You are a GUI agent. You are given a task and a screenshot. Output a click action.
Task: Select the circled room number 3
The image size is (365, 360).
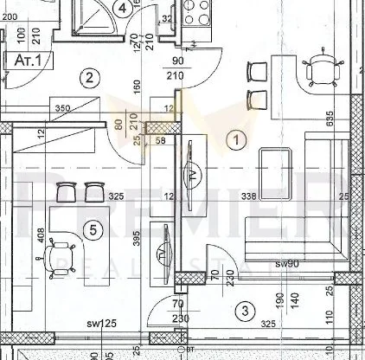(x=246, y=310)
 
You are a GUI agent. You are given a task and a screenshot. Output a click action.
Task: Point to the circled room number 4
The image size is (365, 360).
(x=125, y=10)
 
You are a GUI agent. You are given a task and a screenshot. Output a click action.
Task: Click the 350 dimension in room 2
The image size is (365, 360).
(x=62, y=109)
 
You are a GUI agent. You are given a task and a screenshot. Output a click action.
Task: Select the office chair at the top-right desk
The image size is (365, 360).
(x=322, y=66)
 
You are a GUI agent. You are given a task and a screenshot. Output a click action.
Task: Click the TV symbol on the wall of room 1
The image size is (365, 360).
(x=193, y=171)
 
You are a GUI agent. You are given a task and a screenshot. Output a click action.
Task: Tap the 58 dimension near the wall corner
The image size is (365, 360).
(x=160, y=139)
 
